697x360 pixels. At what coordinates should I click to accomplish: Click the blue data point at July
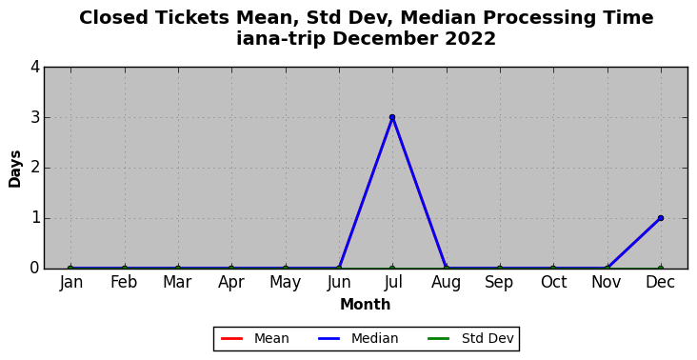click(392, 117)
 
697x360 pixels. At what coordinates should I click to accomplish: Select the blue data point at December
click(661, 218)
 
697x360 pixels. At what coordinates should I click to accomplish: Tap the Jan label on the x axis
click(70, 282)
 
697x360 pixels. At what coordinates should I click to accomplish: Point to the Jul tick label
click(392, 282)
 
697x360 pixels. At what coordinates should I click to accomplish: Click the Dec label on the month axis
click(661, 282)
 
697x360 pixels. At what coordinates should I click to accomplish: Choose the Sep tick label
click(500, 283)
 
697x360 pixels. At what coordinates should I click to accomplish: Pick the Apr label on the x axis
click(231, 283)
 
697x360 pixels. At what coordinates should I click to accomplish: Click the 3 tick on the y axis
click(35, 118)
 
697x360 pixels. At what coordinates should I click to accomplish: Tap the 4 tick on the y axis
click(35, 67)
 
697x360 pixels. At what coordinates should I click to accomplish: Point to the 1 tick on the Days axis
click(35, 219)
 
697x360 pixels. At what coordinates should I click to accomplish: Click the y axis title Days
click(14, 169)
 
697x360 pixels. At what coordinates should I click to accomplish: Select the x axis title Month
click(366, 305)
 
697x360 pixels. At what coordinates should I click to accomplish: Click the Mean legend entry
click(254, 339)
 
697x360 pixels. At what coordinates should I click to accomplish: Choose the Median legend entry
click(358, 339)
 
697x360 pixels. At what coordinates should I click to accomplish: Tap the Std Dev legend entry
click(470, 339)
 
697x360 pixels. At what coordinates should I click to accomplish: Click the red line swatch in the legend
click(231, 339)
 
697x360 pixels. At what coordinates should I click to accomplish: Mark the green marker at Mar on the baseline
click(178, 269)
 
